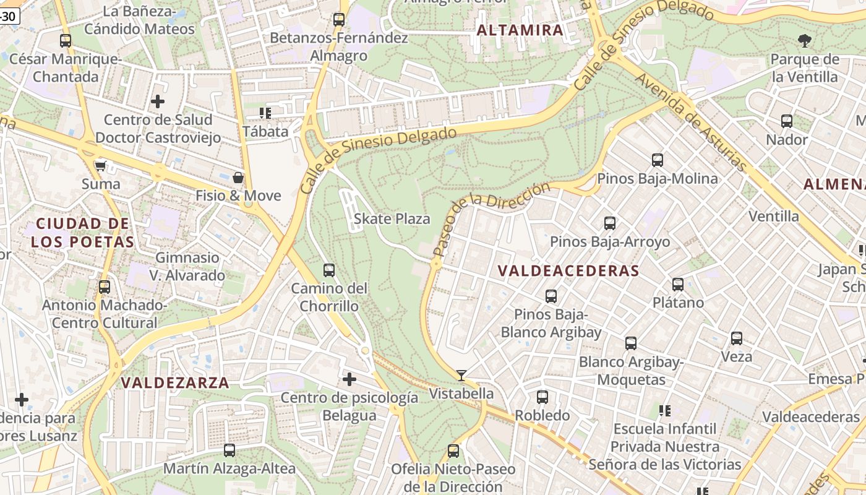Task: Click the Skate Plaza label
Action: tap(392, 218)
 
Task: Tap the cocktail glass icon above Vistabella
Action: tap(461, 375)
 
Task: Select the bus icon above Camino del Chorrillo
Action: tap(329, 270)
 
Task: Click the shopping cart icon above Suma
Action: tap(100, 166)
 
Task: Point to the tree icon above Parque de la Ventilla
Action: tap(804, 41)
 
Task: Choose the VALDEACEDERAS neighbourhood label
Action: tap(568, 270)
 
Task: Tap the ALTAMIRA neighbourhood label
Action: tap(520, 30)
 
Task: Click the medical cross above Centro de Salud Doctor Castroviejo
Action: tap(158, 101)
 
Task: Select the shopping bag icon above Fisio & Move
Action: tap(238, 178)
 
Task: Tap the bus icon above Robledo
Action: tap(542, 397)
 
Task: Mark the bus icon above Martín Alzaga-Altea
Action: tap(229, 450)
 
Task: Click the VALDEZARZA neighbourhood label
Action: tap(175, 382)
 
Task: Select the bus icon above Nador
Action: tap(787, 121)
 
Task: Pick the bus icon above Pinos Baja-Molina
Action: tap(658, 160)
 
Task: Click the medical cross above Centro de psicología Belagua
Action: tap(349, 379)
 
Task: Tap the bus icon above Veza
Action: tap(736, 338)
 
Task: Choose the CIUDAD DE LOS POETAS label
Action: tap(82, 232)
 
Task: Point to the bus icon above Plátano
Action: tap(678, 285)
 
